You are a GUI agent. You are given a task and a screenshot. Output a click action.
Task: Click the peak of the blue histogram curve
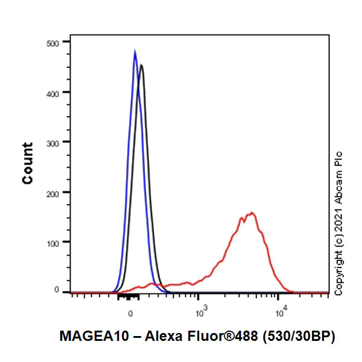click(135, 51)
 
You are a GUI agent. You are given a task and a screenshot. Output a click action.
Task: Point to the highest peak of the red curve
click(252, 212)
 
